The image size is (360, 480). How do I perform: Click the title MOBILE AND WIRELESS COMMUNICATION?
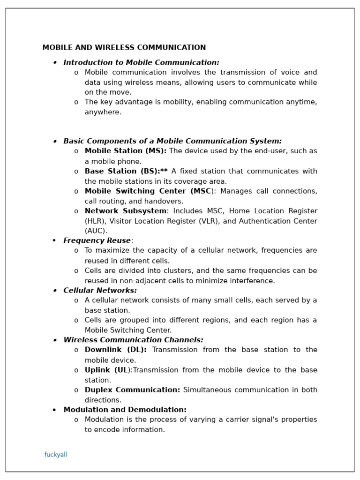[x=124, y=48]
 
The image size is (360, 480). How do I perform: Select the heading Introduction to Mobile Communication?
[x=141, y=63]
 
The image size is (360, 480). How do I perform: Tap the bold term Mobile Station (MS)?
[x=125, y=151]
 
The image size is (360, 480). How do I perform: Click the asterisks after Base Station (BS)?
[x=164, y=171]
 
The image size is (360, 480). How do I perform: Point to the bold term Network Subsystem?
[x=125, y=211]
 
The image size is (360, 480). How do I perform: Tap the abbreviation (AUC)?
[x=96, y=231]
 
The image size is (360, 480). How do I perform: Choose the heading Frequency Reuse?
[x=97, y=241]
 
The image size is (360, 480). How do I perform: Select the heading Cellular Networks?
[x=100, y=291]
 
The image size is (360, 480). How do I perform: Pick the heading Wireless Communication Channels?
[x=133, y=340]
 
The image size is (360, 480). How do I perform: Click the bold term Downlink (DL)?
[x=115, y=350]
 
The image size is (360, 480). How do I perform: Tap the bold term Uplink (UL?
[x=106, y=370]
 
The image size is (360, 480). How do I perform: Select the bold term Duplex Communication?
[x=132, y=390]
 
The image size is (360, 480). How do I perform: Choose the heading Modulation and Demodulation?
[x=125, y=410]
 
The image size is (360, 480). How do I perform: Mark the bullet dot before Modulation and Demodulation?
[x=54, y=410]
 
